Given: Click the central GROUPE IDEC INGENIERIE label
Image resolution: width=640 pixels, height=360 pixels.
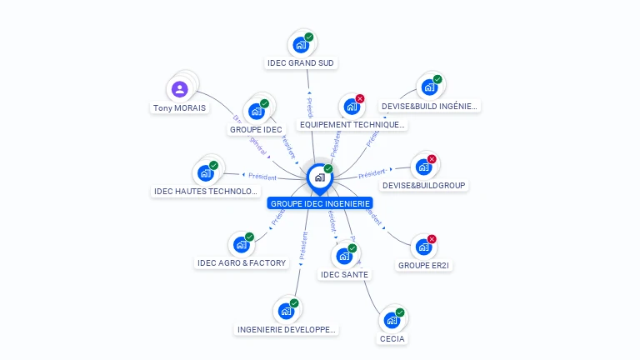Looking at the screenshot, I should (x=320, y=203).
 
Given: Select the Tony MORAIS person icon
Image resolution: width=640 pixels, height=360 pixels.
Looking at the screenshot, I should (x=180, y=89).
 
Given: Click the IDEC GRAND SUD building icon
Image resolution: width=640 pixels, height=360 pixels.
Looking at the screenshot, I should (x=301, y=45).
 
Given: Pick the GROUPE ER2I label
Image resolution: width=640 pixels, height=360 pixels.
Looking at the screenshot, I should (x=424, y=265).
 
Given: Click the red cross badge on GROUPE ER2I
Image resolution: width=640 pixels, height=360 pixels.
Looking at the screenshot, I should (x=432, y=239).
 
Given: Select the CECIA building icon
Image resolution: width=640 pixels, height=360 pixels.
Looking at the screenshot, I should (x=392, y=320).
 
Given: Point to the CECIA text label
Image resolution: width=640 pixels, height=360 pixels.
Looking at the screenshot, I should (x=392, y=339).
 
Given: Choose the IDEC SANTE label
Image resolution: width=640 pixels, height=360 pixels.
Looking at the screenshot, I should (x=344, y=274).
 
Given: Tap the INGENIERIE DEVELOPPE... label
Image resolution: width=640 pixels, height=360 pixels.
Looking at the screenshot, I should (x=287, y=329).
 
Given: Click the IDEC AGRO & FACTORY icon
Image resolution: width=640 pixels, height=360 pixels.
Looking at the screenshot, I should (x=241, y=245).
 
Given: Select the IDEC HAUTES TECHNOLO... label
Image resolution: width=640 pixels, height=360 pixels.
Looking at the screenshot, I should (x=207, y=192).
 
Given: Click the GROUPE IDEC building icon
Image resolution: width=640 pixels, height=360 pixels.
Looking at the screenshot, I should (x=257, y=111).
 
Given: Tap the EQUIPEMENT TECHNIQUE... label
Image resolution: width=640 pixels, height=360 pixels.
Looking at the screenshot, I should (x=352, y=125).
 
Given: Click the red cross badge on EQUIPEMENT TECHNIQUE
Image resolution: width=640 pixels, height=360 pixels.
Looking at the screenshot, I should (x=360, y=99).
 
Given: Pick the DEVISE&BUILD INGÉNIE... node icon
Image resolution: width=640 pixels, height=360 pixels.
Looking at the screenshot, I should (x=429, y=87).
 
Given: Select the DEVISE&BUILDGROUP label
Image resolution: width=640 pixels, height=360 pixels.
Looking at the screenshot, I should (x=424, y=185).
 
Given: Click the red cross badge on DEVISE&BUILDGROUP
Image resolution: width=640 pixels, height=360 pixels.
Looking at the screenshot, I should (x=432, y=159).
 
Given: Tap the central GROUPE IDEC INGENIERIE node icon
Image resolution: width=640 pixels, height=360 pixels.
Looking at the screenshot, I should (x=319, y=177).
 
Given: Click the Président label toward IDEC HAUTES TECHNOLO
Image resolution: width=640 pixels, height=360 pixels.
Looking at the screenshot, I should (x=262, y=176).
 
